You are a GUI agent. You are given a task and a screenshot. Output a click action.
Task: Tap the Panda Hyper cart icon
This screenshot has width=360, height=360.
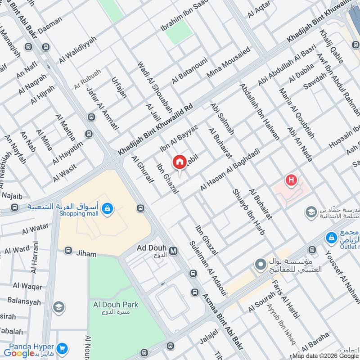pyautogui.click(x=63, y=348)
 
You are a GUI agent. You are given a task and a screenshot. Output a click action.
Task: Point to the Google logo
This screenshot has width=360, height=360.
pyautogui.click(x=19, y=353)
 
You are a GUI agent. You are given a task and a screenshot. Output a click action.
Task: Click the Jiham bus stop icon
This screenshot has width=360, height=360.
pyautogui.click(x=68, y=250)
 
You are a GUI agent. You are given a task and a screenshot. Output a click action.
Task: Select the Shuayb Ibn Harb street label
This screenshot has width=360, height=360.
pyautogui.click(x=248, y=211)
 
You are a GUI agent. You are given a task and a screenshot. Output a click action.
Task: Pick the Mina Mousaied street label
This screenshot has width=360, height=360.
pyautogui.click(x=228, y=63)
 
